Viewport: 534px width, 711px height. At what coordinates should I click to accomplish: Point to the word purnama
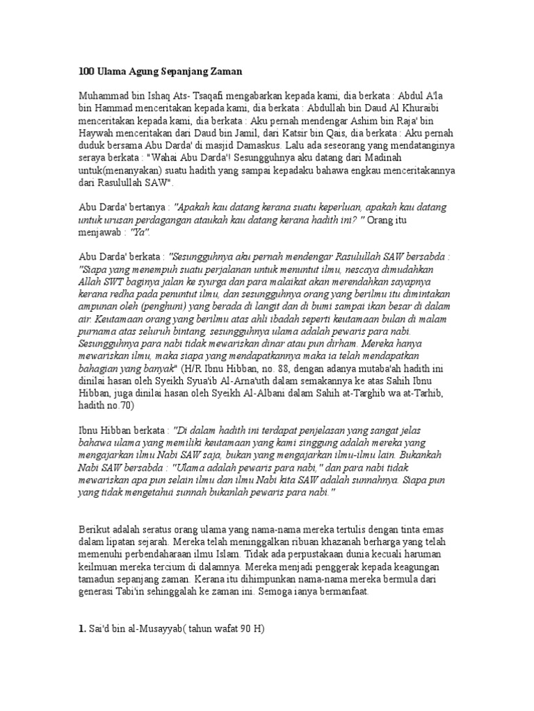coord(99,332)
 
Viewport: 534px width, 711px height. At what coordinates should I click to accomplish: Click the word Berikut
coord(96,530)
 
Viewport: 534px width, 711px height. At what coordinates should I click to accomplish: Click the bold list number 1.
coord(81,630)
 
